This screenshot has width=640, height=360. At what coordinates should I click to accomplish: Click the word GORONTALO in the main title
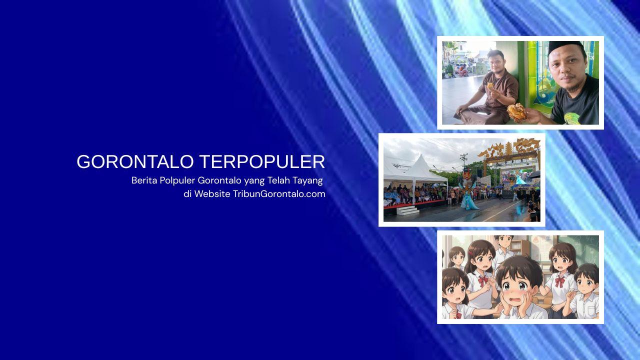[135, 162]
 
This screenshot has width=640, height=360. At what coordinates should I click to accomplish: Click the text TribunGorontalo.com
[279, 194]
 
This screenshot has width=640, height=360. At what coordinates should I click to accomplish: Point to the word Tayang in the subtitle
[307, 180]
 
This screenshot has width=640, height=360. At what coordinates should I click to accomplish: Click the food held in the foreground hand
[517, 110]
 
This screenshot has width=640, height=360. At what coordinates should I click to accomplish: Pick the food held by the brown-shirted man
[490, 85]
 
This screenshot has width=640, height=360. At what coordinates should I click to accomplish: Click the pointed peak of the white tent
[418, 156]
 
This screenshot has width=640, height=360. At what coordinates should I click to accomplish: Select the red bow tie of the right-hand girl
[559, 281]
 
